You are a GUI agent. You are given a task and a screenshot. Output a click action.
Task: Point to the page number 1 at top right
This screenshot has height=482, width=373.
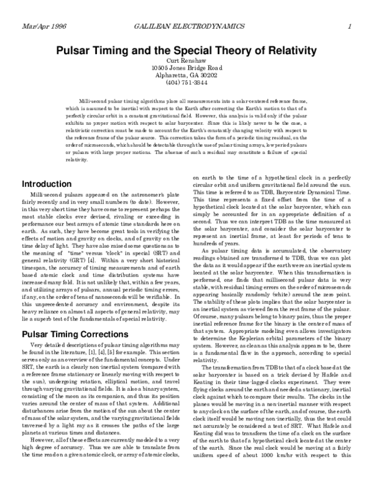coord(351,25)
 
